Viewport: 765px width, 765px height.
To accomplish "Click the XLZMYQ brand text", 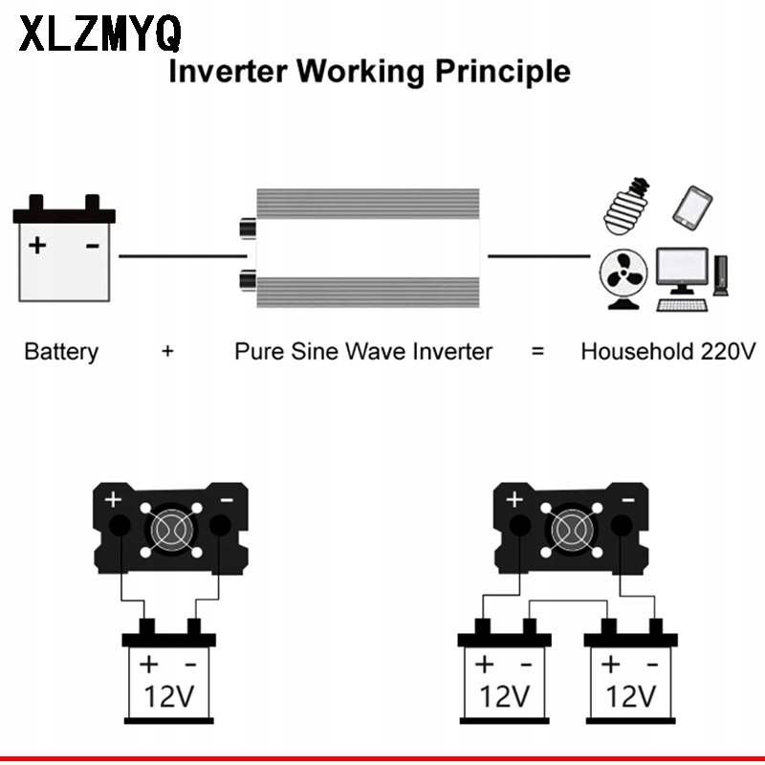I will (x=99, y=34).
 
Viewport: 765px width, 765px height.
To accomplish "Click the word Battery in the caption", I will (x=61, y=351).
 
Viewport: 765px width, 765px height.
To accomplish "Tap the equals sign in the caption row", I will (x=537, y=351).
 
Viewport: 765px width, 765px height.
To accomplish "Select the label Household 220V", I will (x=667, y=351).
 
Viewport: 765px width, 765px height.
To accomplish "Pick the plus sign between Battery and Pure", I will (x=167, y=351).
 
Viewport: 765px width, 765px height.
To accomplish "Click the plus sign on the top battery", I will (x=37, y=245).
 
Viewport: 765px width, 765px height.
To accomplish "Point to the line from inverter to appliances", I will (x=538, y=255).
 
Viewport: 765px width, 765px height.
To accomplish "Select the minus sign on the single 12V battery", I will (x=190, y=664).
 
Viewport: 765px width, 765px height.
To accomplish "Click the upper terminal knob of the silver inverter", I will (x=247, y=229).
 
